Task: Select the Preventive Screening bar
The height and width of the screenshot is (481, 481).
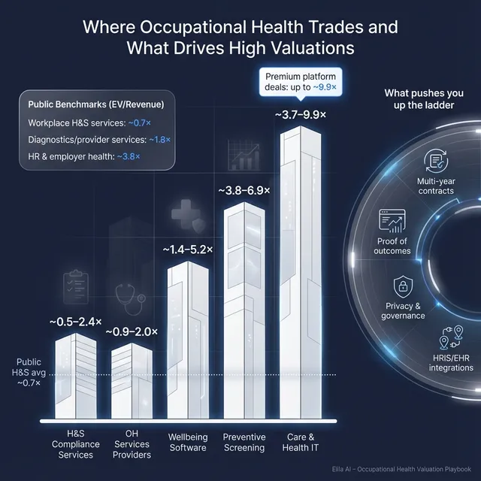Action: pyautogui.click(x=245, y=316)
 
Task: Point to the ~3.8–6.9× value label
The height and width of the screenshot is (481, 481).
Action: pyautogui.click(x=245, y=191)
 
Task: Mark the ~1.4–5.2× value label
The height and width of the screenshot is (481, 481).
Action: pyautogui.click(x=186, y=249)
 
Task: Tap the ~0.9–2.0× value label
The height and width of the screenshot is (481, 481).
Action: pyautogui.click(x=131, y=331)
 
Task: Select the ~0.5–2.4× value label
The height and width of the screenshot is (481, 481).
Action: pyautogui.click(x=76, y=322)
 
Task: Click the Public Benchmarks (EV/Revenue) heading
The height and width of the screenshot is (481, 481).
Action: pyautogui.click(x=95, y=104)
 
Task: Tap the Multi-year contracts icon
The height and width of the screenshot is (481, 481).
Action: pyautogui.click(x=435, y=160)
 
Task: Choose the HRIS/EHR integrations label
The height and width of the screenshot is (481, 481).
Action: pyautogui.click(x=451, y=362)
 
